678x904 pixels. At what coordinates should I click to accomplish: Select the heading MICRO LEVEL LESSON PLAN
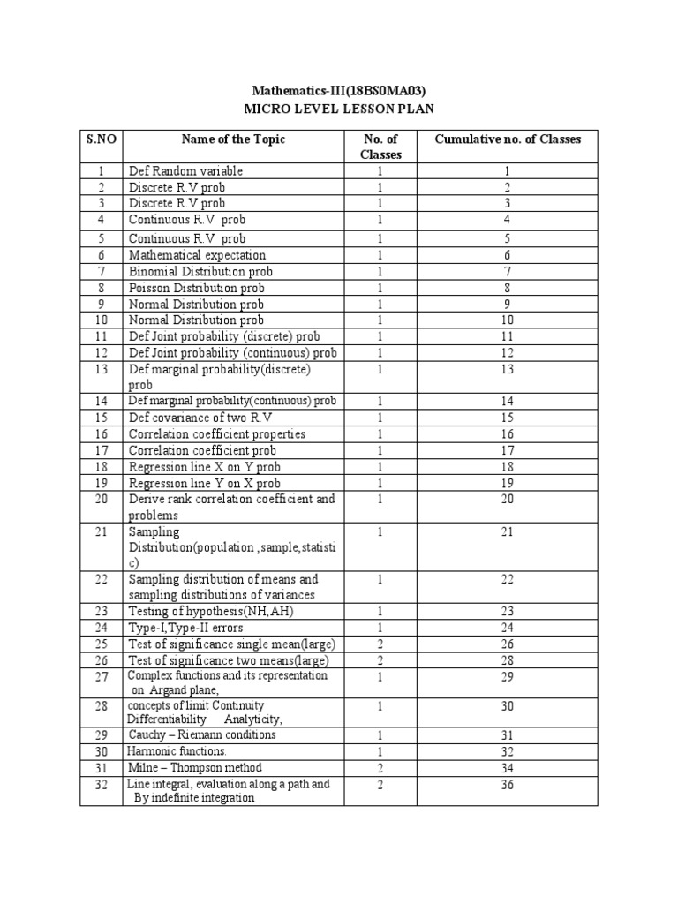click(339, 109)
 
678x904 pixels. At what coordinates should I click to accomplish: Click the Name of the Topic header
click(233, 139)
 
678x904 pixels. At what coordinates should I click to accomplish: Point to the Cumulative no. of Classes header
click(508, 139)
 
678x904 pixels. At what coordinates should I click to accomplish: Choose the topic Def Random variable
click(185, 171)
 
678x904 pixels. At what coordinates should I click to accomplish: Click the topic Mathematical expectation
click(197, 255)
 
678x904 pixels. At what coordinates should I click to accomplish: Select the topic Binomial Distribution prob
click(201, 272)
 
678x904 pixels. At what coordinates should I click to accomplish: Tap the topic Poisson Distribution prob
click(197, 288)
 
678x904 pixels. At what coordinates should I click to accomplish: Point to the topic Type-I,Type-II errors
click(187, 628)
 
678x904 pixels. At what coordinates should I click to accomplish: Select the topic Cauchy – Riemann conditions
click(202, 735)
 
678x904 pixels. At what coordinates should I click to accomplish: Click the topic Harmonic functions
click(177, 751)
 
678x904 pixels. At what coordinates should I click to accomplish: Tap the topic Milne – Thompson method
click(195, 768)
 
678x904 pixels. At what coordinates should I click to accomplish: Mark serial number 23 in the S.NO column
click(102, 611)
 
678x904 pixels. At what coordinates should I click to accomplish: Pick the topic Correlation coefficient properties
click(217, 433)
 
